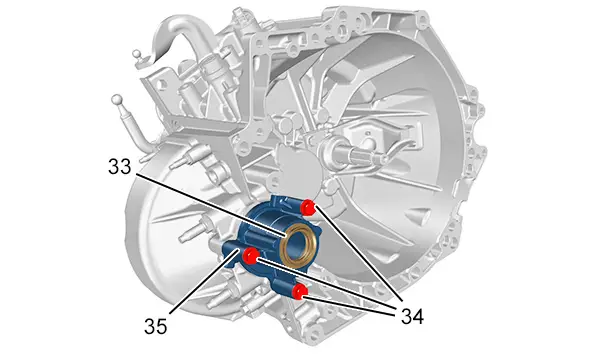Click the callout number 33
click(120, 167)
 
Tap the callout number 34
click(412, 316)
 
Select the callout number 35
click(156, 326)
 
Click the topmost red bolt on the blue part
click(307, 207)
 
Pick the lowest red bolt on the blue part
click(299, 291)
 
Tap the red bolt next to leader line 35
click(250, 256)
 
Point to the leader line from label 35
click(204, 281)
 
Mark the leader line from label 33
click(211, 204)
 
